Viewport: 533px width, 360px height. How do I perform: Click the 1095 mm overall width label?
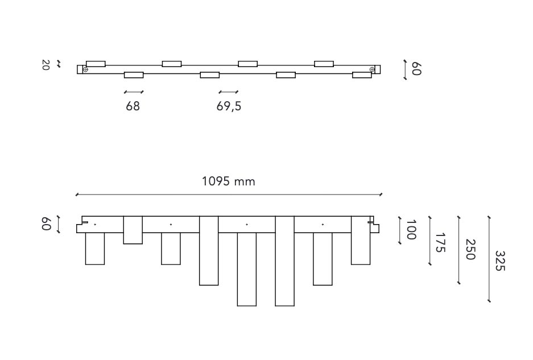coord(229,181)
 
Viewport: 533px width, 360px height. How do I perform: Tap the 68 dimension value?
coord(133,106)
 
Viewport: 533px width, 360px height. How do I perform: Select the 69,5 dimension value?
coord(229,106)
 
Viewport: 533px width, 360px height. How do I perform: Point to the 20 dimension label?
coord(46,65)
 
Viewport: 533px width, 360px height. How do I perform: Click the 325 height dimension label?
coord(500,260)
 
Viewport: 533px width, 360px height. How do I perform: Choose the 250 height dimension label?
coord(470,250)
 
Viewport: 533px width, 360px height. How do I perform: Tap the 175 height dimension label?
coord(440,242)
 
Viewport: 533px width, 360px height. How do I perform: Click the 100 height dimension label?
coord(411,230)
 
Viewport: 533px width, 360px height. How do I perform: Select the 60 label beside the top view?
coord(416,69)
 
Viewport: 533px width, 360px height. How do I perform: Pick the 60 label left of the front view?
coord(46,224)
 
